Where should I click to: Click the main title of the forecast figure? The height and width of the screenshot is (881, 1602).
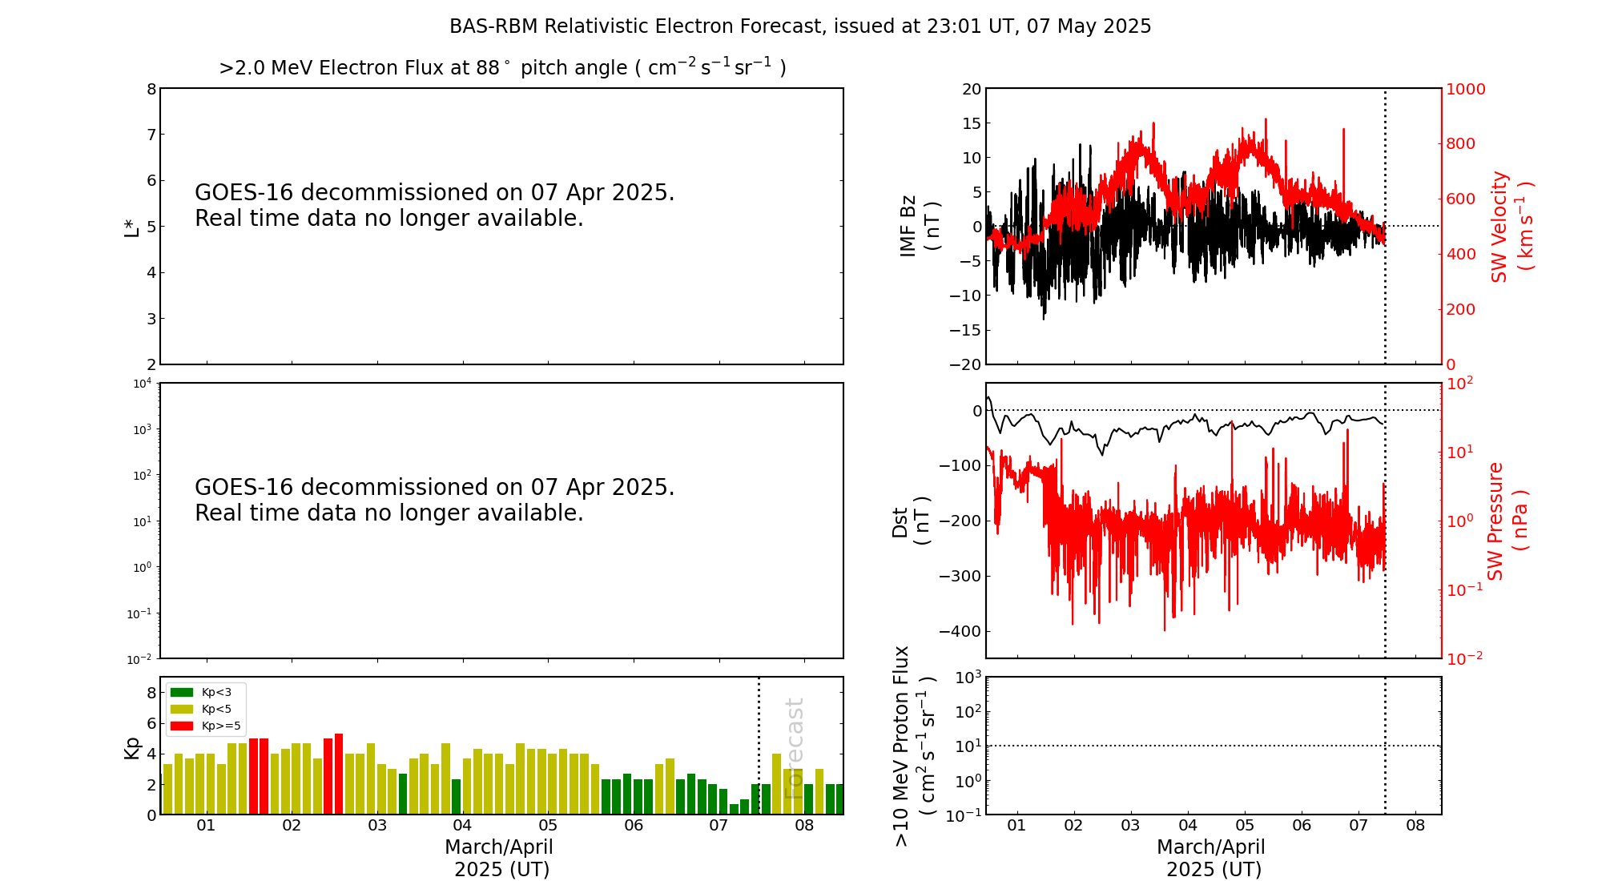tap(800, 26)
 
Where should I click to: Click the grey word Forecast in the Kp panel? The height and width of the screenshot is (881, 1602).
tap(794, 748)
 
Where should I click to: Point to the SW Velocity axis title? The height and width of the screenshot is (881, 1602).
tap(1511, 227)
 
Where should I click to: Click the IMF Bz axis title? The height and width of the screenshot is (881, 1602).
tap(920, 226)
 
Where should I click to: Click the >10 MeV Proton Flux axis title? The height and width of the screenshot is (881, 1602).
tap(914, 746)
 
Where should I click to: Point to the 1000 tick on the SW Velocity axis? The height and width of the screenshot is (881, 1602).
tap(1465, 89)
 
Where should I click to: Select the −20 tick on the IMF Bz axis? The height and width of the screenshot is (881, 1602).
tap(965, 364)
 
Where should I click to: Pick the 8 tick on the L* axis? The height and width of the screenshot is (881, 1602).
tap(151, 89)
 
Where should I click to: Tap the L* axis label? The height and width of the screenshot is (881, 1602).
tap(131, 227)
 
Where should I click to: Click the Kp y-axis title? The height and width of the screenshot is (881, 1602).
tap(132, 747)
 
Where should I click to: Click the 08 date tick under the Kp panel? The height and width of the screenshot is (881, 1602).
tap(804, 826)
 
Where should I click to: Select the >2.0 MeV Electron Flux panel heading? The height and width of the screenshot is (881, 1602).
tap(502, 67)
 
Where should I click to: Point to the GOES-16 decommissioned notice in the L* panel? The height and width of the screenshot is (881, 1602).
tap(434, 205)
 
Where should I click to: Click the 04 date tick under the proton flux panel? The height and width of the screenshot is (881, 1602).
tap(1188, 826)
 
